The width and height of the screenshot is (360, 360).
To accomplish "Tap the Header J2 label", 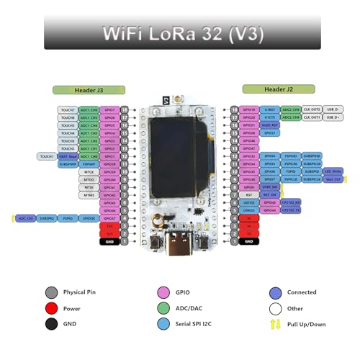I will pyautogui.click(x=268, y=89).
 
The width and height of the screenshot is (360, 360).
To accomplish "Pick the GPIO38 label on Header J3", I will pyautogui.click(x=109, y=164).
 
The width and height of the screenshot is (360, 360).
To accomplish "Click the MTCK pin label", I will pyautogui.click(x=89, y=172).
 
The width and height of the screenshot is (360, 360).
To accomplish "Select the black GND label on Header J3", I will pyautogui.click(x=109, y=242).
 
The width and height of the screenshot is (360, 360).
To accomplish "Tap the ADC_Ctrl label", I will pyautogui.click(x=24, y=217).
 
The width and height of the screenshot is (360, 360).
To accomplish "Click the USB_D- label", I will pyautogui.click(x=333, y=109).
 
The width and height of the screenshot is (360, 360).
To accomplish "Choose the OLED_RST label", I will pyautogui.click(x=271, y=125).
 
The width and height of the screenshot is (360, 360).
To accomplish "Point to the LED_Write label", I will pyautogui.click(x=332, y=171).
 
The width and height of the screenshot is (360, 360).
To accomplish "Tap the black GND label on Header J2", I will pyautogui.click(x=248, y=242).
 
